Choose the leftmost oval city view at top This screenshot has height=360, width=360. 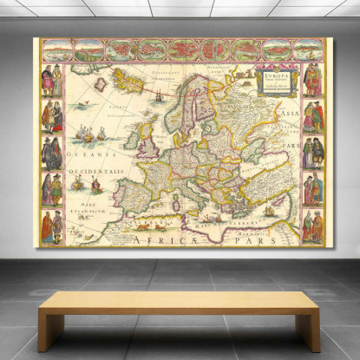click(x=56, y=50)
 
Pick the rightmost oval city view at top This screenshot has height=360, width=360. click(x=306, y=50)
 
